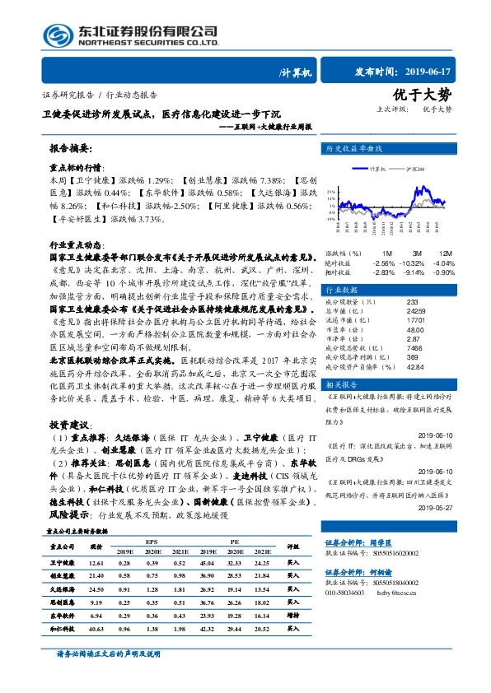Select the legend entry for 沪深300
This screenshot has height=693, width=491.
click(415, 168)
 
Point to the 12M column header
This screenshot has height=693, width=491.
click(445, 253)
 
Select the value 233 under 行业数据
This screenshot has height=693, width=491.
click(389, 303)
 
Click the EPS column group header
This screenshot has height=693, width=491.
click(151, 542)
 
